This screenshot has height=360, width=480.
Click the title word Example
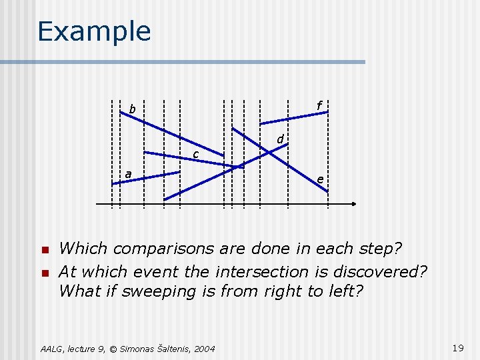pyautogui.click(x=94, y=31)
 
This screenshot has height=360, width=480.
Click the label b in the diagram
pyautogui.click(x=132, y=109)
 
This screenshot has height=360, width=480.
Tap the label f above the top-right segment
pyautogui.click(x=319, y=105)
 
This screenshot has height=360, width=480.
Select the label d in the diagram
pyautogui.click(x=281, y=139)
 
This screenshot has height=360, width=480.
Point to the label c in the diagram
pyautogui.click(x=195, y=155)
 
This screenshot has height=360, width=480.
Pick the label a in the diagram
pyautogui.click(x=127, y=174)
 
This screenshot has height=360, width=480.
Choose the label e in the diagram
pyautogui.click(x=321, y=179)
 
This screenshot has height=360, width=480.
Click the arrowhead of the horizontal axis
pyautogui.click(x=354, y=203)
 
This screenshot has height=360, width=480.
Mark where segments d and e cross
pyautogui.click(x=269, y=153)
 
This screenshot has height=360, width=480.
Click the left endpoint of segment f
pyautogui.click(x=261, y=123)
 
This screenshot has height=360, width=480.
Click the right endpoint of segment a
pyautogui.click(x=180, y=173)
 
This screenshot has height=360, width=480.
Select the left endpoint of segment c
pyautogui.click(x=145, y=153)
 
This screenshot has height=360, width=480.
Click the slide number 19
pyautogui.click(x=457, y=347)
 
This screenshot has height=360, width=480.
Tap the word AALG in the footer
pyautogui.click(x=52, y=348)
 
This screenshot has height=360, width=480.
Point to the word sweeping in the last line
pyautogui.click(x=152, y=291)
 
